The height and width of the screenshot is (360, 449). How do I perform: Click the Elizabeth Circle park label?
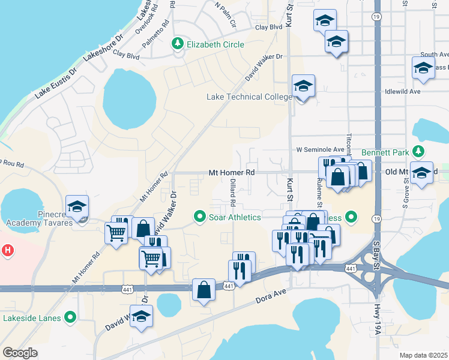click(215, 44)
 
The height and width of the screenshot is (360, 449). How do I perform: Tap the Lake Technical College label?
click(250, 97)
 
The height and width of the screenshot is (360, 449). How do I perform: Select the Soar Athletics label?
click(235, 217)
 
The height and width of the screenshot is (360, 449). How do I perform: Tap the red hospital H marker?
click(7, 249)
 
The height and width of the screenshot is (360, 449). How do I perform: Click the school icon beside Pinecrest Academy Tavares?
click(77, 208)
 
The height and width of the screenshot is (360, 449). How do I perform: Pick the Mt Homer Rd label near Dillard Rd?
click(232, 173)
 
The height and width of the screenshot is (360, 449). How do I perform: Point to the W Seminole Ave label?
click(320, 149)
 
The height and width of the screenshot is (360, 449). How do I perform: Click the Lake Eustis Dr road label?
click(56, 83)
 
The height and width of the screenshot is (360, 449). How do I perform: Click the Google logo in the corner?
click(20, 353)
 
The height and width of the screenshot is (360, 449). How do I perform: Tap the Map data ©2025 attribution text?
click(423, 355)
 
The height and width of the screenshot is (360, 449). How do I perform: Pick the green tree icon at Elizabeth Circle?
click(178, 44)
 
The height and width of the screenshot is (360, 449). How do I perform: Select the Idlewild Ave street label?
click(404, 92)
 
